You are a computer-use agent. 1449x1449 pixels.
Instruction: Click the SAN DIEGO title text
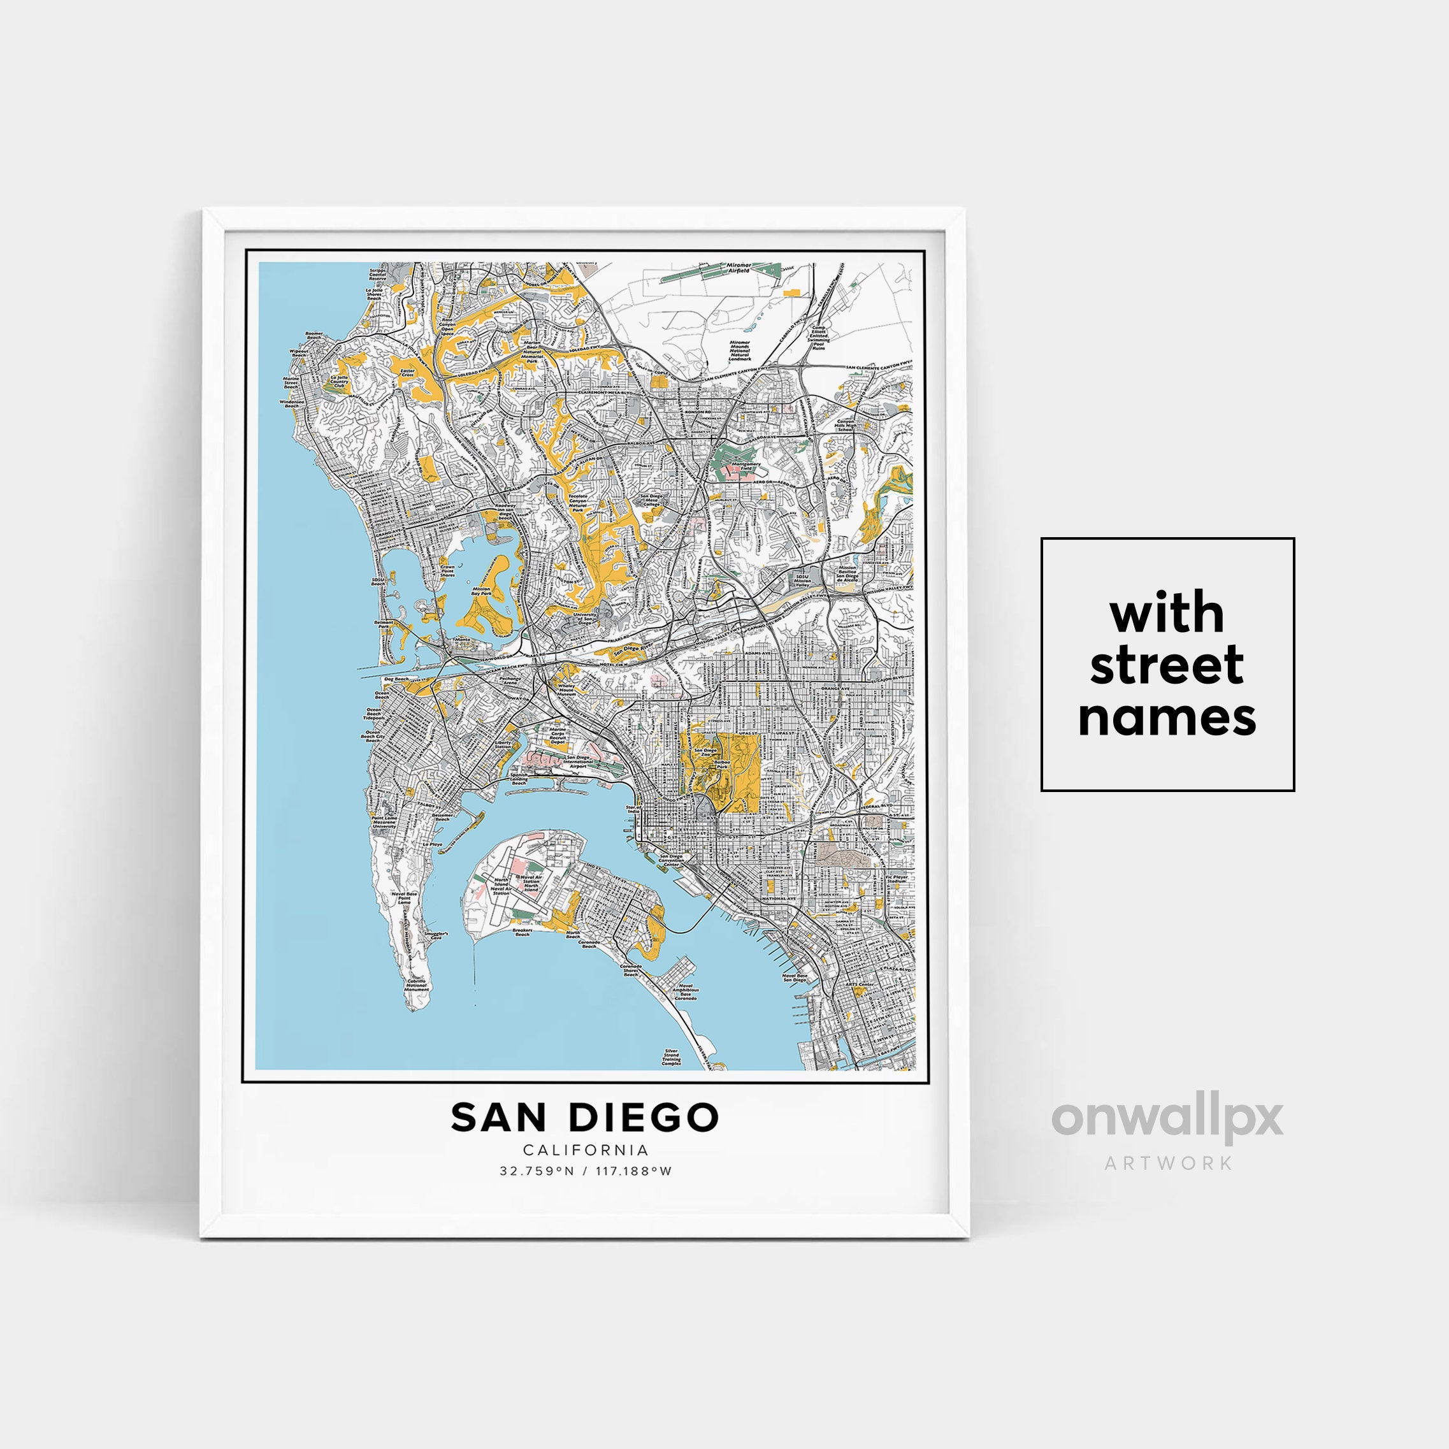tap(585, 1118)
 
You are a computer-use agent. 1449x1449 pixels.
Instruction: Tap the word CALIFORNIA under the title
tap(586, 1150)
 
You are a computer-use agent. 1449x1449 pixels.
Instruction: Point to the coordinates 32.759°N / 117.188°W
tap(586, 1171)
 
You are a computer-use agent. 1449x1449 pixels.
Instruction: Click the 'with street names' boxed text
tap(1167, 665)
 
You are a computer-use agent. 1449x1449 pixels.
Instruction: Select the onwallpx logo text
tap(1167, 1119)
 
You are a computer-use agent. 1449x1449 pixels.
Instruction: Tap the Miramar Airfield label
tap(738, 267)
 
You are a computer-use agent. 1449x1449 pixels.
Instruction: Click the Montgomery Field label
tap(745, 466)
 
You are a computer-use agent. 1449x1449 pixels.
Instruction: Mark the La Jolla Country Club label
tap(339, 382)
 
